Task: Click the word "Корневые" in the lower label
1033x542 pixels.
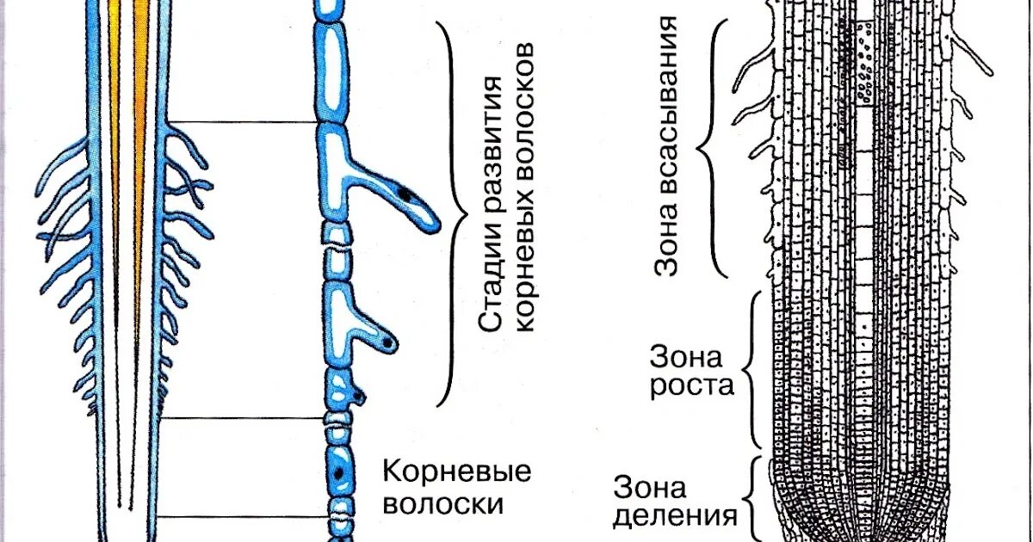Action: point(456,471)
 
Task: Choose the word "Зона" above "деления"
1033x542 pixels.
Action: point(650,488)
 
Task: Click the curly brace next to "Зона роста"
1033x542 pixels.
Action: point(751,370)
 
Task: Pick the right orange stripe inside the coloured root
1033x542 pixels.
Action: point(139,129)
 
